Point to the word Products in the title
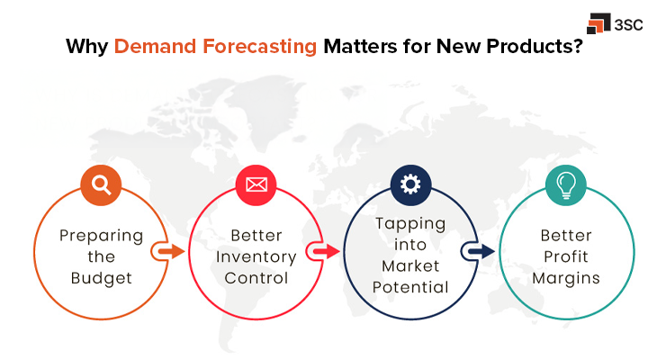tap(522, 47)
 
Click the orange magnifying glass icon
tap(101, 184)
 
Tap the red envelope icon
tap(256, 185)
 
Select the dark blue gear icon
tap(410, 184)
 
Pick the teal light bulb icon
tap(565, 184)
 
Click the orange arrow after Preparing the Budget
tap(166, 249)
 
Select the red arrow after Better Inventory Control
tap(322, 249)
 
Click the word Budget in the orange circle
tap(102, 278)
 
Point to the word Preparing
tap(102, 236)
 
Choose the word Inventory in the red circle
tap(256, 256)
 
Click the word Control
tap(256, 278)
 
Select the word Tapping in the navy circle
tap(410, 224)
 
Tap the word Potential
tap(410, 288)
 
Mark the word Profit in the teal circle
tap(565, 256)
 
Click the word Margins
tap(565, 278)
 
